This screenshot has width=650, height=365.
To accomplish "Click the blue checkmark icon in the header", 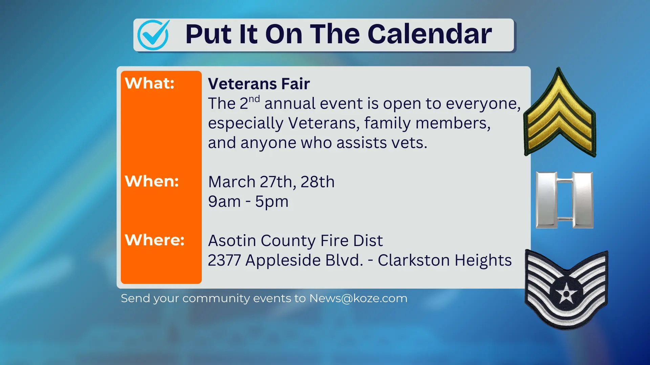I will point(153,35).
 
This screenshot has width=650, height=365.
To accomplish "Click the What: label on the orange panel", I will point(149,83).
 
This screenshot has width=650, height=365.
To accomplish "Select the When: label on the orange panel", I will point(152,181).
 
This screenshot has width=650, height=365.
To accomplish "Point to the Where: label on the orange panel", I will point(154,240).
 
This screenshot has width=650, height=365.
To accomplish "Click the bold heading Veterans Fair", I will point(259,84).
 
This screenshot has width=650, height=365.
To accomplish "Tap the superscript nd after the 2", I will point(254,99).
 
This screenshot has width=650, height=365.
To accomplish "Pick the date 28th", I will point(318,182).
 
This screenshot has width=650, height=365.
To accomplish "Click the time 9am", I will point(224,202).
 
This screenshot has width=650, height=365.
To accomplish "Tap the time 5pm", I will point(272,202).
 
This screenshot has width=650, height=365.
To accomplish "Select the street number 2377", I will point(224,260).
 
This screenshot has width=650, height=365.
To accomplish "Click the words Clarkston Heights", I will point(445,260).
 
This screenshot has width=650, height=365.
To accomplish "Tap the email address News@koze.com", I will point(358,298).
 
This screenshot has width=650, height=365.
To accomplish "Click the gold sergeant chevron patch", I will point(560,115).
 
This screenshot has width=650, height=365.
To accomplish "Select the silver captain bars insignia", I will point(564,200).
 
